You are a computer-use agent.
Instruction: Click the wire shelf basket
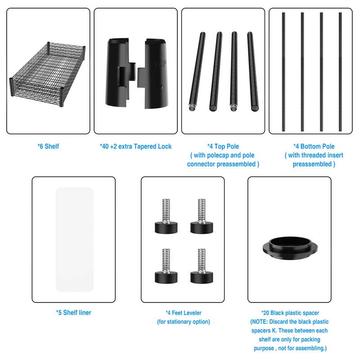47,73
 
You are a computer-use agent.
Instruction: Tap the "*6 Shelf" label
48,147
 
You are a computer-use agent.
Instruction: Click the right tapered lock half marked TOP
154,74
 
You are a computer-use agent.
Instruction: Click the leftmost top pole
197,72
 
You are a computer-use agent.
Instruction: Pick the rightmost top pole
253,72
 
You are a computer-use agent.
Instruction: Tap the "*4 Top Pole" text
223,147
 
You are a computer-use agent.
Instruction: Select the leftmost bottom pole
283,72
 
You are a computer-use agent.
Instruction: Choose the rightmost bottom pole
340,72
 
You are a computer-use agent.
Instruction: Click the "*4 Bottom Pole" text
314,147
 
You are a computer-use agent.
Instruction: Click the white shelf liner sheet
75,239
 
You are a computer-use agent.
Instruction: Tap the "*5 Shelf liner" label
74,313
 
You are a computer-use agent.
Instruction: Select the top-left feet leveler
166,216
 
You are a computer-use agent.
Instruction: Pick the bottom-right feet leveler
202,266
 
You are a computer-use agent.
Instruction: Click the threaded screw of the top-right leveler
202,210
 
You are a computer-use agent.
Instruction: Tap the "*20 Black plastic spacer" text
290,313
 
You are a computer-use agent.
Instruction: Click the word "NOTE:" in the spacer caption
260,322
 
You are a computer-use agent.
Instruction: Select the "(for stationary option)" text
184,322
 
